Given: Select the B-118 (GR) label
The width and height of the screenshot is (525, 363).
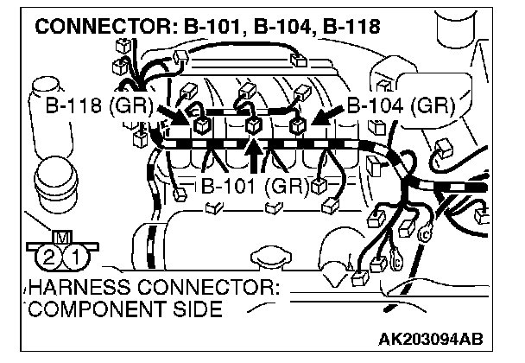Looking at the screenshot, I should (x=96, y=110).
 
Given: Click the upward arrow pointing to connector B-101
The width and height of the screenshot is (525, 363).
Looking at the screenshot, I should (x=254, y=156).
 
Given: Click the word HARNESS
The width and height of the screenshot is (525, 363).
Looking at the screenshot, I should (x=69, y=289).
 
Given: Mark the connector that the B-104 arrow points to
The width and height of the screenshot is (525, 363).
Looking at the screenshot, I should (x=298, y=126).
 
